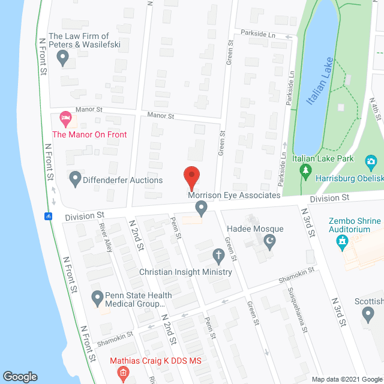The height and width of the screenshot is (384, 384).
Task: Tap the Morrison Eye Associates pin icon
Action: pyautogui.click(x=202, y=208)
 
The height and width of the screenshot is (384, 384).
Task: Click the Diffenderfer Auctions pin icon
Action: pyautogui.click(x=75, y=178)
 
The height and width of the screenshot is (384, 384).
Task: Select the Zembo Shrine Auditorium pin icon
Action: pyautogui.click(x=343, y=242)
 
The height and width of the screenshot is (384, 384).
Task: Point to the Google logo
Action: pyautogui.click(x=20, y=377)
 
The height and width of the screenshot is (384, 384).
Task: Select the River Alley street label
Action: pyautogui.click(x=107, y=238)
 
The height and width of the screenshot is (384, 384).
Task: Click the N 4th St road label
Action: pyautogui.click(x=376, y=112)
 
